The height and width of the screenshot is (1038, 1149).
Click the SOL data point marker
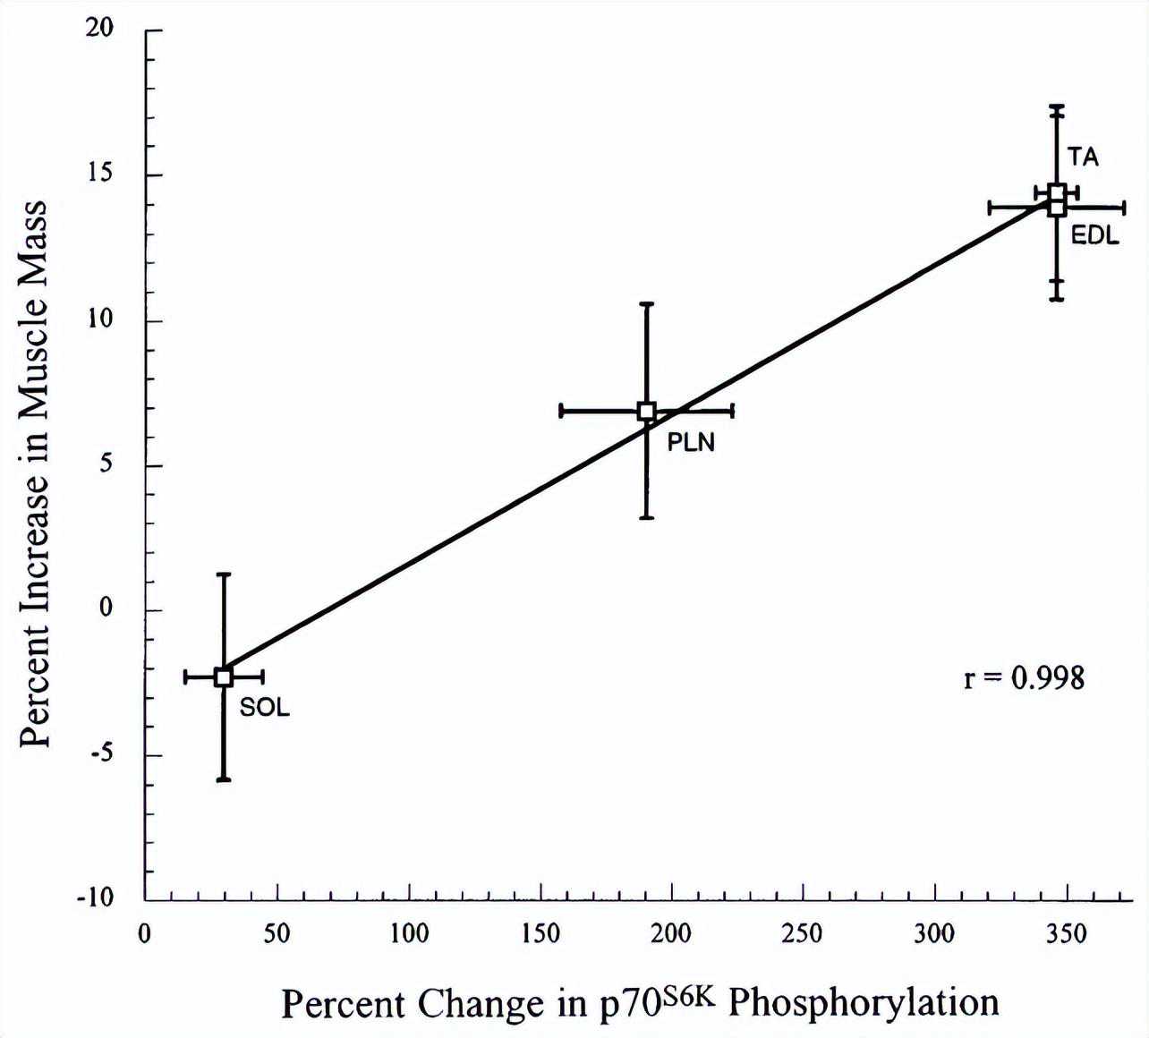tap(224, 676)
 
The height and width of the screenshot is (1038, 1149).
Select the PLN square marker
tap(646, 411)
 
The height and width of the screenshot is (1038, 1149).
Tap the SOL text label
tap(265, 707)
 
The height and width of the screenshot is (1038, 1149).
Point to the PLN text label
tap(691, 441)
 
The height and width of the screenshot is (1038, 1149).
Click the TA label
tap(1083, 157)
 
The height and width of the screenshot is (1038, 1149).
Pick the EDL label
tap(1095, 236)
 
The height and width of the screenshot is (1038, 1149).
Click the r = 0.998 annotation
tap(1024, 677)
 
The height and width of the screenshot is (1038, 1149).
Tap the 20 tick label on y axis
tap(99, 29)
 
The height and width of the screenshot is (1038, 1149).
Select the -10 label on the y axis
tap(95, 898)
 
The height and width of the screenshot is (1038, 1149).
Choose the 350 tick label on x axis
tap(1067, 934)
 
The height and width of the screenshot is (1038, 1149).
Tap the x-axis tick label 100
tap(409, 934)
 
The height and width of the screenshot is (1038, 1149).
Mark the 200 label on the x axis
tap(671, 934)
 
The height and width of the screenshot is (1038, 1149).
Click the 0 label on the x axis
tap(145, 934)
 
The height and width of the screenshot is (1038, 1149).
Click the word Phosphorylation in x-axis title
tap(863, 1002)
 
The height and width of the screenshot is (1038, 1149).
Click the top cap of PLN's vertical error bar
tap(646, 304)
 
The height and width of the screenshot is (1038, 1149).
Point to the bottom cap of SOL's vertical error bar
tap(224, 779)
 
